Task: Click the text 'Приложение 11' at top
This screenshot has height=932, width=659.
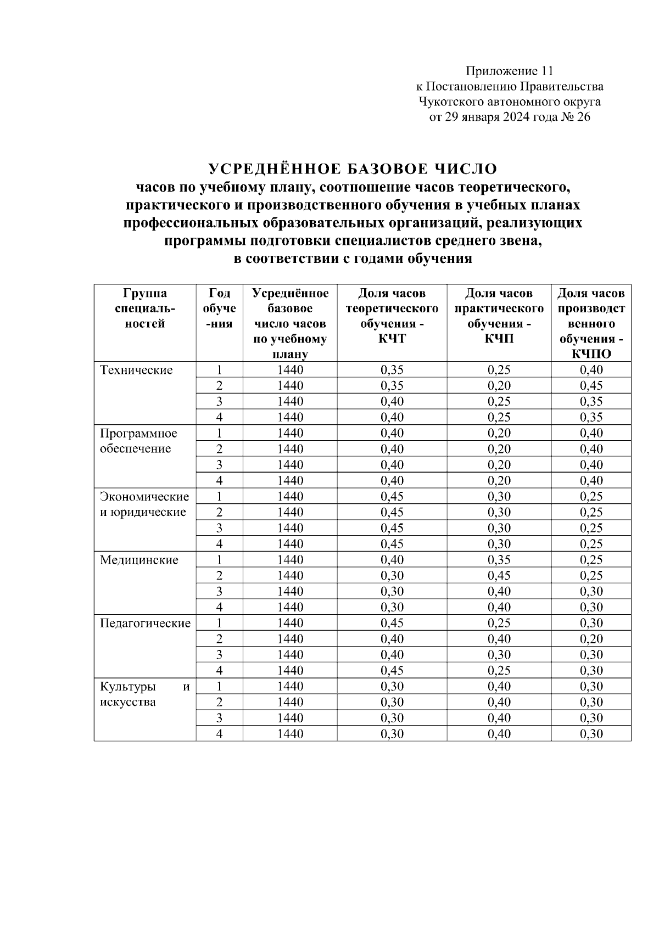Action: coord(509,71)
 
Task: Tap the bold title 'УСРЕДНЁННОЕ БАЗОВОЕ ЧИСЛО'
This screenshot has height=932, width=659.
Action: coord(353,168)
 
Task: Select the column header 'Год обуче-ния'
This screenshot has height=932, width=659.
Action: coord(219,308)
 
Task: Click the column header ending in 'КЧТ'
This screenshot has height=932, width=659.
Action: coord(392,316)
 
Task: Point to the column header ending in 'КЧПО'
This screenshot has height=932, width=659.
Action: coord(591,324)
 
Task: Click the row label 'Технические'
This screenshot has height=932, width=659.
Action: coord(136,370)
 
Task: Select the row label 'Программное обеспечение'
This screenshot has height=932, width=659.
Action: coord(138,441)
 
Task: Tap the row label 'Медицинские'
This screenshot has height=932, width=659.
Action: coord(139,560)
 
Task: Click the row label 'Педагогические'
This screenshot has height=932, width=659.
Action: coord(145,623)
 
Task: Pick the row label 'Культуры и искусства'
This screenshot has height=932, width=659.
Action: coord(144,694)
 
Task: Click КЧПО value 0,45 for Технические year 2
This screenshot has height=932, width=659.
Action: coord(591,385)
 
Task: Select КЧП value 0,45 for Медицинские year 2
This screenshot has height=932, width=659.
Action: coord(499,575)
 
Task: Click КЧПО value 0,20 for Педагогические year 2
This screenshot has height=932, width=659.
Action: coord(591,638)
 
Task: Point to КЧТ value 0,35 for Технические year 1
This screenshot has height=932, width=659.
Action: coord(392,370)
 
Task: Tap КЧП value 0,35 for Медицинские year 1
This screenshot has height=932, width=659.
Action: coord(499,560)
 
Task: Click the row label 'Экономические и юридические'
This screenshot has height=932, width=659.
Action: coord(144,504)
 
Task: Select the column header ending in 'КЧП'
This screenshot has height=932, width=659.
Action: coord(499,316)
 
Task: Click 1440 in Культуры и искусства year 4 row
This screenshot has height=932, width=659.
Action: coord(290,733)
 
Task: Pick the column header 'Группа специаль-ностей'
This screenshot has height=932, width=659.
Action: coord(145,308)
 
